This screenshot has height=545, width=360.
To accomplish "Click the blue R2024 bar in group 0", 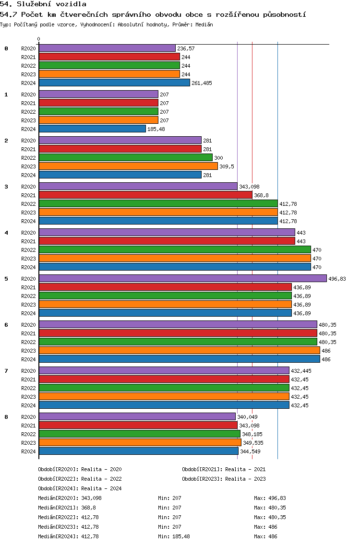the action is [114, 83].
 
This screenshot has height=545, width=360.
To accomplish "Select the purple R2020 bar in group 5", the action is [183, 278].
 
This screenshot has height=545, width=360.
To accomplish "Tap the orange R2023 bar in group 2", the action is [128, 166].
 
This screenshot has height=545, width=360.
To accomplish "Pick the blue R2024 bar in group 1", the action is [92, 129].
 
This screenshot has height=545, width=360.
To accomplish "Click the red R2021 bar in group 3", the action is [145, 195].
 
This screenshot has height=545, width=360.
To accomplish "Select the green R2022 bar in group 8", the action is [140, 434].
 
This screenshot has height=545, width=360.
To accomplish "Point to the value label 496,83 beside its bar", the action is [337, 279].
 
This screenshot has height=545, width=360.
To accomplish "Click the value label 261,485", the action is [202, 83].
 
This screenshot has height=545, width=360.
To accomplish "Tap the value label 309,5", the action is [227, 166].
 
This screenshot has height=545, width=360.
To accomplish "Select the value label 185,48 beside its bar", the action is [156, 129].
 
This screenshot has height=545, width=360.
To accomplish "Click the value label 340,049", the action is [247, 417].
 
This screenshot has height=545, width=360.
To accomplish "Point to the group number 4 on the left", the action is [6, 233].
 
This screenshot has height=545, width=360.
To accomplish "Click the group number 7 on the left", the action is [6, 371].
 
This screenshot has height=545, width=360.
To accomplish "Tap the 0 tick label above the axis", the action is [38, 39].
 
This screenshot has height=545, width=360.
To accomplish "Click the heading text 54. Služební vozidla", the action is [43, 4].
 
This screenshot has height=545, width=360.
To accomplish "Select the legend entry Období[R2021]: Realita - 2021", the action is [224, 469].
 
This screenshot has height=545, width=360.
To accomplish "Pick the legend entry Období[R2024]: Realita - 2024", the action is [80, 488].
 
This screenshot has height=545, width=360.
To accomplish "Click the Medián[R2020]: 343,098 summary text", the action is [70, 498].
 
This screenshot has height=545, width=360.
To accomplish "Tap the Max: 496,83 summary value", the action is [270, 498].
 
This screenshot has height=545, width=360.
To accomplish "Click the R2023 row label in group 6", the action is [28, 351].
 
